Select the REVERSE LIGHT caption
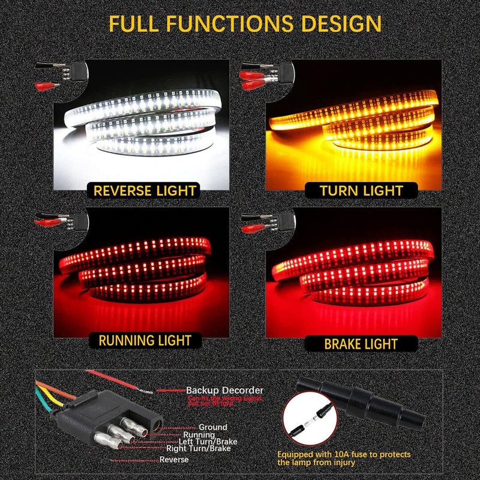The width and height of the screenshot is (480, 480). [145, 191]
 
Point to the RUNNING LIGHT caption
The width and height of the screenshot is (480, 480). [145, 341]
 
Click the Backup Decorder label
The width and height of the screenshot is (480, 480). [224, 390]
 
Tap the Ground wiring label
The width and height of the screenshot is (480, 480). [212, 427]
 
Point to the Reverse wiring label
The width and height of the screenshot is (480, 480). [174, 460]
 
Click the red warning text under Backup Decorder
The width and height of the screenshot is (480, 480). [224, 400]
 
